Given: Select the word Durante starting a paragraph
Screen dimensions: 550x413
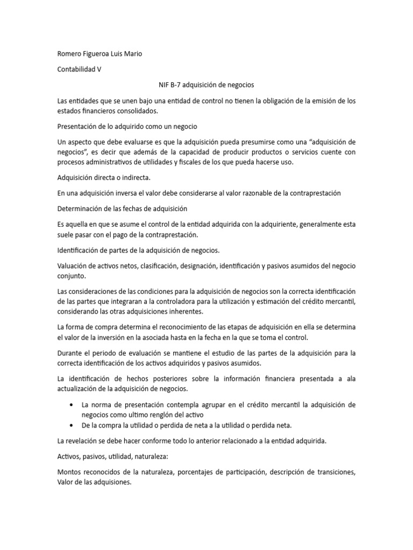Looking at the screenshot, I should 70,353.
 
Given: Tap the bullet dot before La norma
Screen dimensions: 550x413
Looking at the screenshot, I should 72,404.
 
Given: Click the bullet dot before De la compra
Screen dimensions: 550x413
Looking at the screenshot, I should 72,425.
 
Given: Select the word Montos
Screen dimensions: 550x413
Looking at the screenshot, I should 70,472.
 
